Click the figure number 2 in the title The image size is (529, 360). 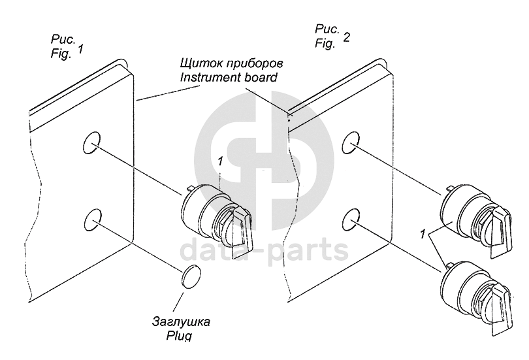click(346, 38)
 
